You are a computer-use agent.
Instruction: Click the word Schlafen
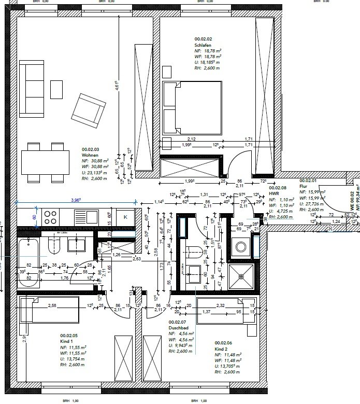(203, 45)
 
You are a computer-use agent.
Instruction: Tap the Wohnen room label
(90, 155)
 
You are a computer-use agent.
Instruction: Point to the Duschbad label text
(178, 328)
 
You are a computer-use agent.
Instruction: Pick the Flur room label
(304, 186)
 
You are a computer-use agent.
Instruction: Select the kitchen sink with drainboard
(83, 217)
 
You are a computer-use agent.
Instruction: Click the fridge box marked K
(125, 217)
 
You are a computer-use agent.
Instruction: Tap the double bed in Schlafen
(192, 107)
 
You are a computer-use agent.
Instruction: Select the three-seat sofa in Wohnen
(32, 88)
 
